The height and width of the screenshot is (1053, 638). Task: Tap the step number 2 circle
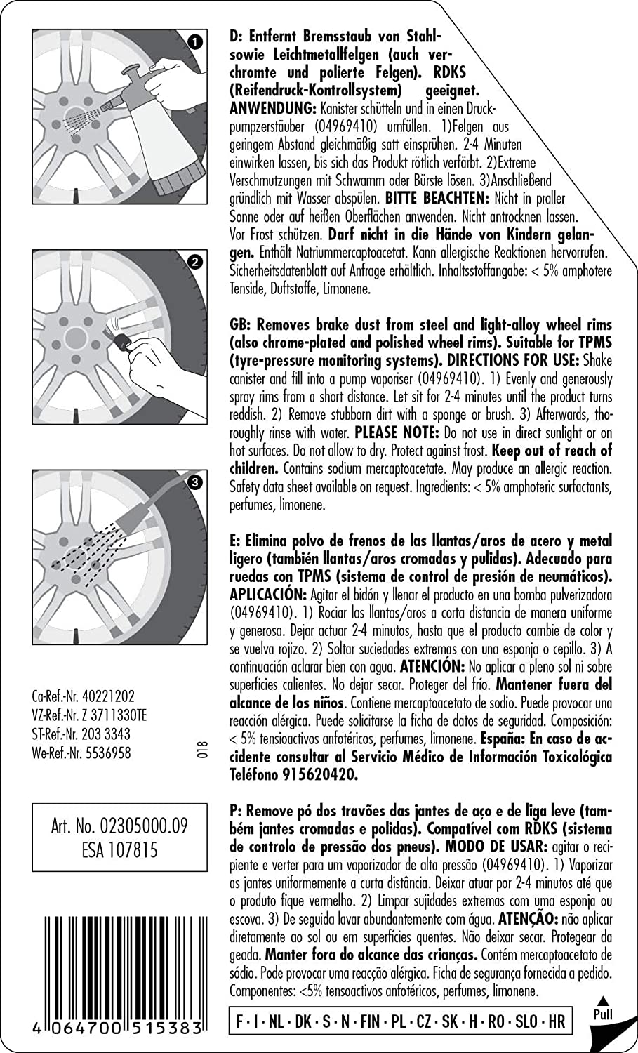tap(196, 262)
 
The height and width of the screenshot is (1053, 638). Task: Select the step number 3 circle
tap(196, 482)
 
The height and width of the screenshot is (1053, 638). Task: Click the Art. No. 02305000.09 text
tap(119, 825)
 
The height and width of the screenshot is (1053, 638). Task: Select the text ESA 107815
tap(119, 850)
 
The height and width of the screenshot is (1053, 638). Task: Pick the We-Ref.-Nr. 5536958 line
tap(81, 753)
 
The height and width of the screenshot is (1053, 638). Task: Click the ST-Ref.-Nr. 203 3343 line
tap(81, 734)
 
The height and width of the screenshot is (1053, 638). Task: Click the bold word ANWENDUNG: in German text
tap(273, 109)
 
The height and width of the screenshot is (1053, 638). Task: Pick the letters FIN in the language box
tap(370, 1021)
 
